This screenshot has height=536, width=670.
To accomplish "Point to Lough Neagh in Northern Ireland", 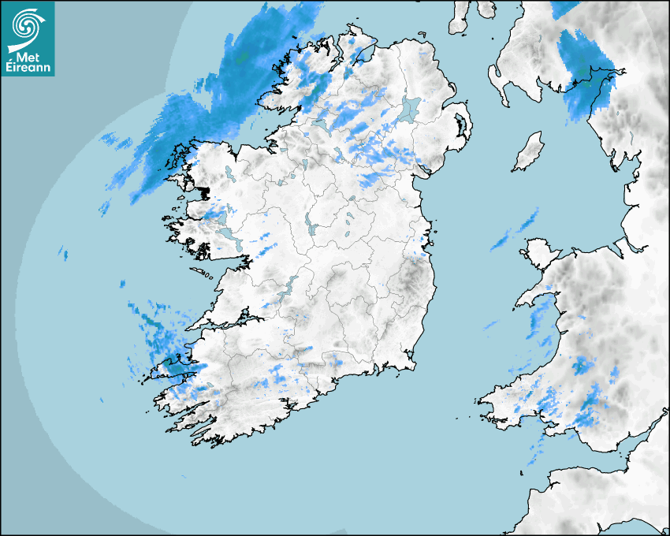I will pos(411,108).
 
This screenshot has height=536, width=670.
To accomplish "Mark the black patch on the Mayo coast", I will pos(204,192).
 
